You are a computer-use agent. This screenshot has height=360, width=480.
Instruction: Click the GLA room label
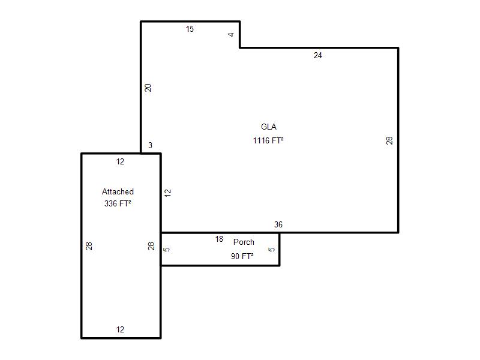coord(268,127)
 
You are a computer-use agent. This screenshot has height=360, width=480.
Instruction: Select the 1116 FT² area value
coord(268,140)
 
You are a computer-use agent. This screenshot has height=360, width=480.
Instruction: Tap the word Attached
coord(118,191)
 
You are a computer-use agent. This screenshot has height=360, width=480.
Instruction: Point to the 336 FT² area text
coord(118,203)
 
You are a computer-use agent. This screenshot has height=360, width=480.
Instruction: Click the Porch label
coord(244,242)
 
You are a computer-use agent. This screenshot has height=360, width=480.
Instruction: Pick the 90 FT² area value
coord(242,256)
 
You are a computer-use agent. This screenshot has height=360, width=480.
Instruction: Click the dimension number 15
coord(190,29)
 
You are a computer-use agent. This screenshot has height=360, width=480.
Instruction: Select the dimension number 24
coord(318,55)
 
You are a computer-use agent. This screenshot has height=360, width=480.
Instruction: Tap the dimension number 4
coord(231,35)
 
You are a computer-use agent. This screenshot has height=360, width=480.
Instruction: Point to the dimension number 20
coord(148,88)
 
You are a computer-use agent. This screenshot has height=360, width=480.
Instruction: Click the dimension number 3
coord(151,145)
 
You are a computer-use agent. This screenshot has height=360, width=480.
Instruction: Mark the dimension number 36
coord(278,224)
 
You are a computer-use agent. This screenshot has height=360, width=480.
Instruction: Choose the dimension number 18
coord(219,239)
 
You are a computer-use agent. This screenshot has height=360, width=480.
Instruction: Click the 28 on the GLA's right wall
coord(389,140)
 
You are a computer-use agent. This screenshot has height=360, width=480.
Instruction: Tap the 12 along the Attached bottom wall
coord(121,329)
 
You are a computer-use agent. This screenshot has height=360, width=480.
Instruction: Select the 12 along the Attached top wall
coord(121,161)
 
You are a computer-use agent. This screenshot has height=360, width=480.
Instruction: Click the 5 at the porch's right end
coord(272,250)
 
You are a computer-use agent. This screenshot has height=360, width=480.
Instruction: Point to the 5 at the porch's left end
coord(167,250)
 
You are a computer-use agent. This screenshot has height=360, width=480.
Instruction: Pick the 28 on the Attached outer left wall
coord(89,246)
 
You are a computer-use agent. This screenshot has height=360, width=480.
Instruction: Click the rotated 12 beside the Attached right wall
coord(168,193)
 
